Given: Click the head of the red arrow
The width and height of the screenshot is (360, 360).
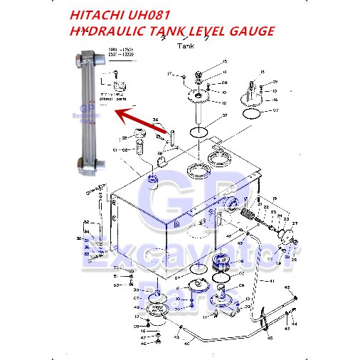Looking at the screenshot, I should pyautogui.click(x=118, y=112).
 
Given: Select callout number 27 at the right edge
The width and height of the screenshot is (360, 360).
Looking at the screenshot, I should pyautogui.click(x=292, y=224).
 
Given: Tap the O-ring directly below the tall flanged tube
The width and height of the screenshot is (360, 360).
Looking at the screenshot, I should pyautogui.click(x=201, y=132).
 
